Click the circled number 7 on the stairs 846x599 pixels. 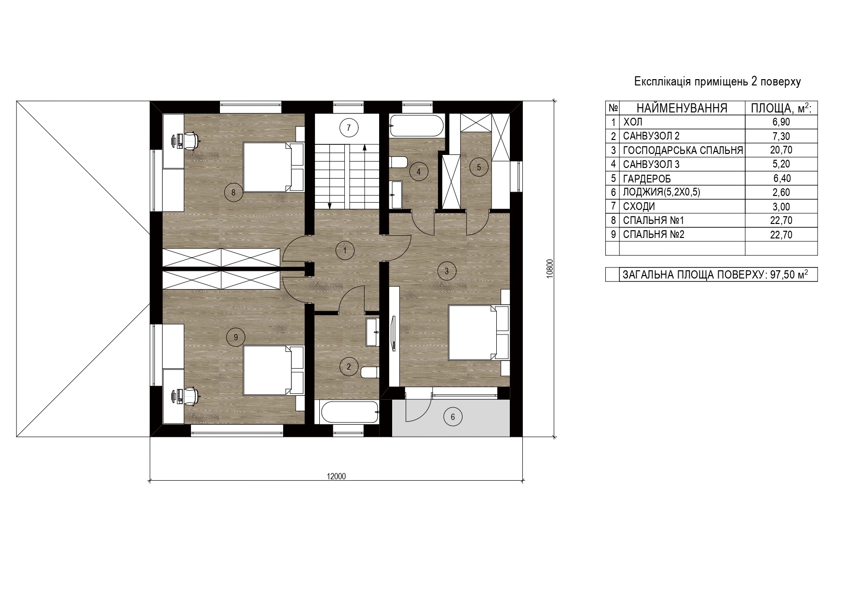point(348,128)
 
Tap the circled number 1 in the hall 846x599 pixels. point(345,250)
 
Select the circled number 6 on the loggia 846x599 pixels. point(452,416)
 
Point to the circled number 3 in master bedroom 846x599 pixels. point(447,271)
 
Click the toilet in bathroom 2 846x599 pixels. point(369,372)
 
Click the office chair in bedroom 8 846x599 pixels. point(190,140)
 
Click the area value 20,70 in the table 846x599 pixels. point(781,150)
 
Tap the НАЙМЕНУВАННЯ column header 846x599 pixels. point(682,108)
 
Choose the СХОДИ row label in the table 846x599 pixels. point(639,207)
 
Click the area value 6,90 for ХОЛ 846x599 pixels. point(781,122)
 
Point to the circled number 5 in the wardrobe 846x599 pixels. point(478,167)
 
